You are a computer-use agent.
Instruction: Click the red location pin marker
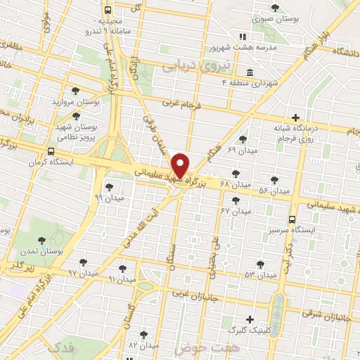(x=181, y=164)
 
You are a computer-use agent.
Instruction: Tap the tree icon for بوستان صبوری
(x=275, y=8)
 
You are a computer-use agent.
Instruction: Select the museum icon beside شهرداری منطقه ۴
(x=250, y=72)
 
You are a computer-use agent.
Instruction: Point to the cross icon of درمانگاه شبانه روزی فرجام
(x=295, y=117)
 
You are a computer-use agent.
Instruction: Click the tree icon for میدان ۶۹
(x=243, y=139)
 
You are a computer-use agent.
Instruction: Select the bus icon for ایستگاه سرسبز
(x=292, y=219)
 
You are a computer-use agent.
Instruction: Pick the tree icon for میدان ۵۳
(x=260, y=264)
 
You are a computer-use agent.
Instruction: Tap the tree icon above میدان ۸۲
(x=144, y=335)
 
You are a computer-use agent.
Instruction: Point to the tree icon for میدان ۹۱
(x=123, y=268)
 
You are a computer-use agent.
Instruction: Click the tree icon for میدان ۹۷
(x=83, y=262)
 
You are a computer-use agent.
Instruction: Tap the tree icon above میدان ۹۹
(x=109, y=186)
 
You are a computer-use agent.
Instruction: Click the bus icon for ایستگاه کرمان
(x=50, y=151)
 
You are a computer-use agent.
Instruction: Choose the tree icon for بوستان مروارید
(x=75, y=91)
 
